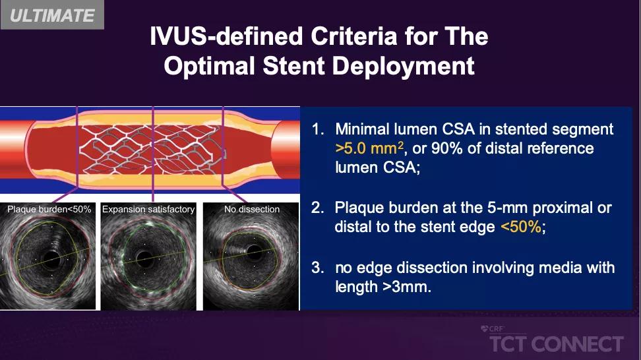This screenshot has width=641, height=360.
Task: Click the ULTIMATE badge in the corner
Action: click(52, 15)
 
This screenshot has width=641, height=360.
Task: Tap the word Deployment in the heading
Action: click(403, 66)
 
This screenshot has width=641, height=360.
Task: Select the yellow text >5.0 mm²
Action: click(369, 148)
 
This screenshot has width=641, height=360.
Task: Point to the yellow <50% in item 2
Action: click(521, 226)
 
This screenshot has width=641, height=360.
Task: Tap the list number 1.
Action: click(318, 129)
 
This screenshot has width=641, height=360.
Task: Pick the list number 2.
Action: click(318, 208)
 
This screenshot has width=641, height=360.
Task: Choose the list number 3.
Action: click(318, 268)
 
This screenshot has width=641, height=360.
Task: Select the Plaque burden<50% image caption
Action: click(49, 209)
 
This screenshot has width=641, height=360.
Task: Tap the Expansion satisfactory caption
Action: click(148, 209)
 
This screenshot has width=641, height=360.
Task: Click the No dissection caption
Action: click(252, 209)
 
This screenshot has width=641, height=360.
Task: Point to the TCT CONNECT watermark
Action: click(557, 344)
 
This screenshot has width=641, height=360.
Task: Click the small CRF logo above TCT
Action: click(493, 329)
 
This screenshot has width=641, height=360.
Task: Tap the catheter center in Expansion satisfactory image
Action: click(144, 258)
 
